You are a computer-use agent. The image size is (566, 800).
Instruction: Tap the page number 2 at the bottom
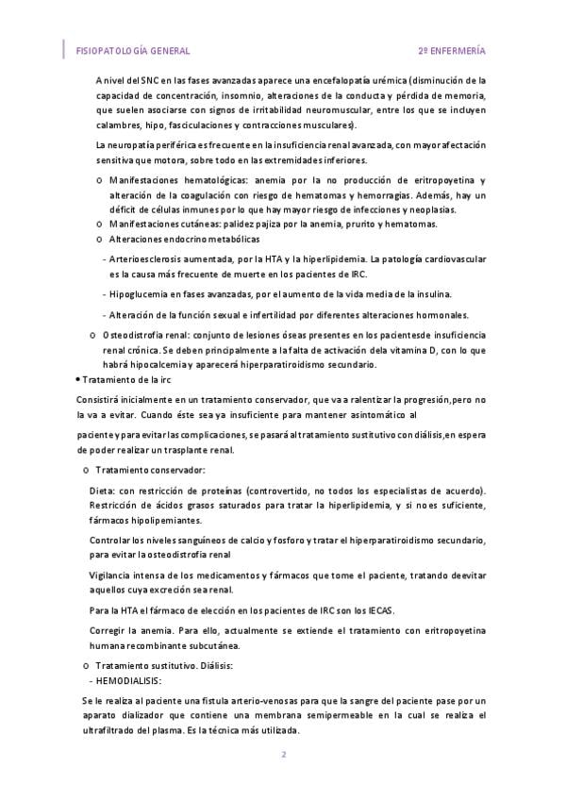282,755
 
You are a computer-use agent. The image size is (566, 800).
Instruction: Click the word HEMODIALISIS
127,680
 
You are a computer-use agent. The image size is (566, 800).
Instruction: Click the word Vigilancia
114,575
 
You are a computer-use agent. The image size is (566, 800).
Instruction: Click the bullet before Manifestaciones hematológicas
100,180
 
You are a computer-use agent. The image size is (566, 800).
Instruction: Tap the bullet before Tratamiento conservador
87,470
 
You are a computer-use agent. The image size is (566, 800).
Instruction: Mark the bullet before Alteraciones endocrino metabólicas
100,240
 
